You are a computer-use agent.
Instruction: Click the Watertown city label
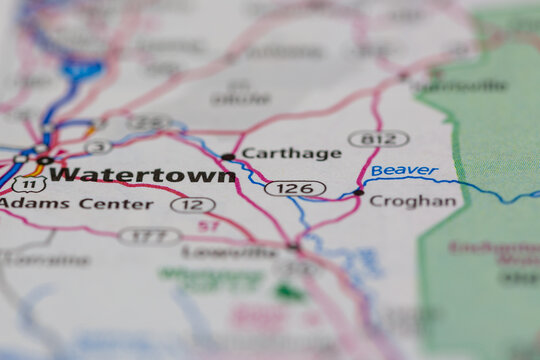pyautogui.click(x=143, y=174)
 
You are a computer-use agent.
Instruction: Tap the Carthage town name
pyautogui.click(x=291, y=153)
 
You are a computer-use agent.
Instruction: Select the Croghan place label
pyautogui.click(x=412, y=201)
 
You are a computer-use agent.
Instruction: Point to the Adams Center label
pyautogui.click(x=77, y=204)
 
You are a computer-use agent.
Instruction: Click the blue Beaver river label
pyautogui.click(x=404, y=171)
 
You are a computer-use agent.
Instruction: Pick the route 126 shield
pyautogui.click(x=295, y=188)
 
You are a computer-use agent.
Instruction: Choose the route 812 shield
pyautogui.click(x=378, y=139)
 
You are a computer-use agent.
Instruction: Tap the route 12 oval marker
pyautogui.click(x=192, y=205)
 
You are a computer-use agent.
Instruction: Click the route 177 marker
pyautogui.click(x=149, y=237)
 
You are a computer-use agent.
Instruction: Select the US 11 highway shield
pyautogui.click(x=29, y=184)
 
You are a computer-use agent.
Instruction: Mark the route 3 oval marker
pyautogui.click(x=97, y=147)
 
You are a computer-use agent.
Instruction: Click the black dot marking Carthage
pyautogui.click(x=228, y=157)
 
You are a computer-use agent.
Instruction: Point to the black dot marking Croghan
pyautogui.click(x=358, y=191)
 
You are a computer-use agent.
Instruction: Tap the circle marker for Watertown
pyautogui.click(x=44, y=160)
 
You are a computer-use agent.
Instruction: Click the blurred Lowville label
pyautogui.click(x=244, y=252)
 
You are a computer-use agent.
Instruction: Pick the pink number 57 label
pyautogui.click(x=208, y=227)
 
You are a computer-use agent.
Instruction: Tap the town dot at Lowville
pyautogui.click(x=293, y=245)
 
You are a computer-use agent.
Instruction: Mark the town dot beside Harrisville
pyautogui.click(x=403, y=75)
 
